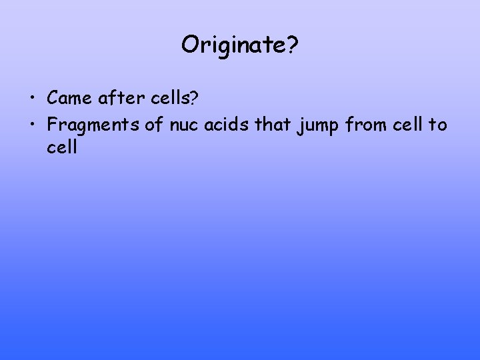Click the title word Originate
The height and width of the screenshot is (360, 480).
click(233, 45)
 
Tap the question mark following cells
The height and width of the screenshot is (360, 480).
click(193, 98)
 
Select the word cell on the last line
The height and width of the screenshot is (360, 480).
click(62, 147)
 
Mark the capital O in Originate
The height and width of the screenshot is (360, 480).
click(189, 45)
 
